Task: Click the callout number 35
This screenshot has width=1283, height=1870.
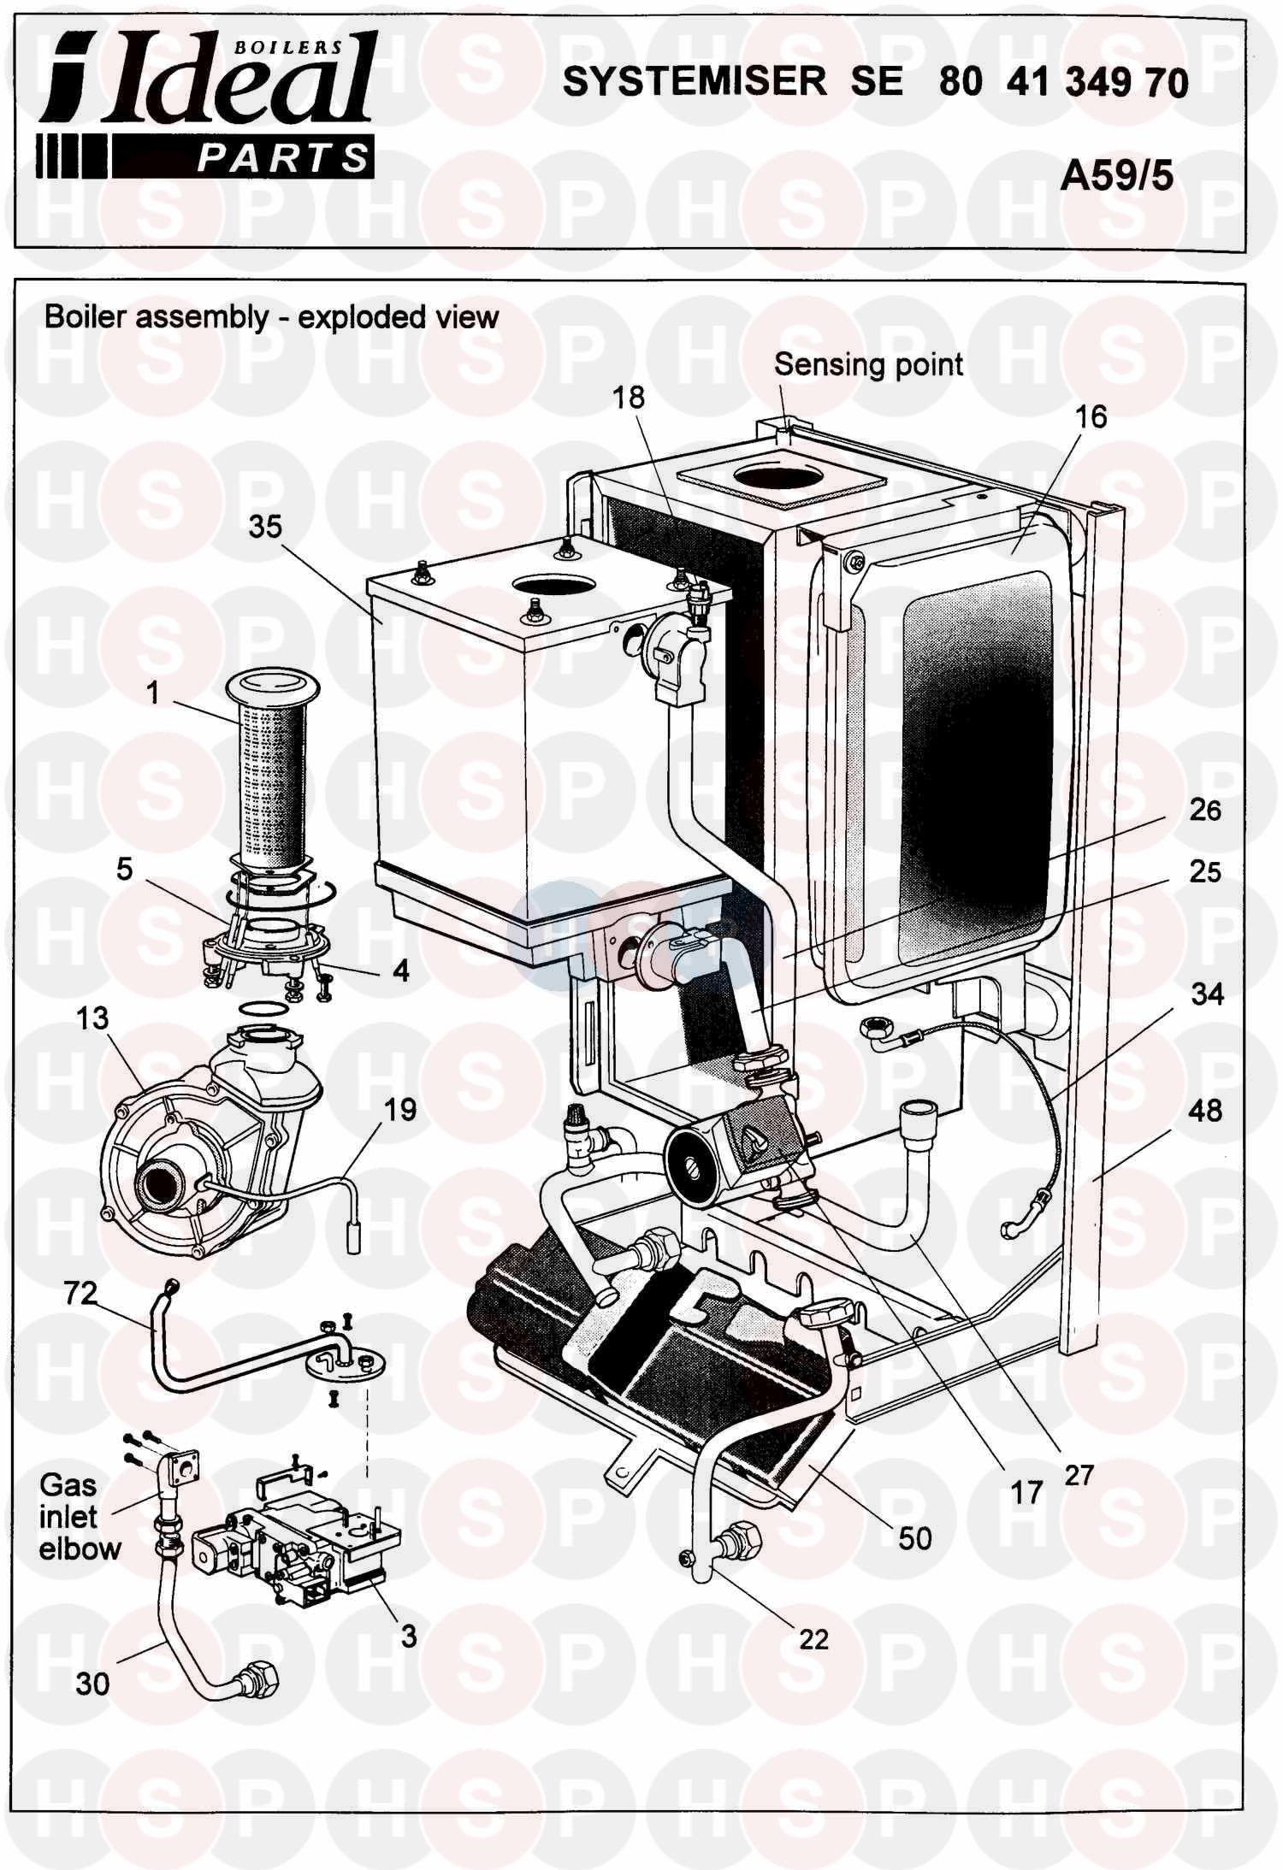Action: [264, 528]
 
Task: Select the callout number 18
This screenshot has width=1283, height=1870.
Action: [629, 398]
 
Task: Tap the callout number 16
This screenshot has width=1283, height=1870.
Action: [1091, 417]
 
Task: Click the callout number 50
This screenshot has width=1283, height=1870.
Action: [914, 1538]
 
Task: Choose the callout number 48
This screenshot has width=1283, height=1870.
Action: [1205, 1112]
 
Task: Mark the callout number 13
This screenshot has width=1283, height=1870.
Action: [92, 1018]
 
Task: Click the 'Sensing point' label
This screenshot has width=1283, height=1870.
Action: [868, 365]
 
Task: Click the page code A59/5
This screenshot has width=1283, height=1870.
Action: [1116, 177]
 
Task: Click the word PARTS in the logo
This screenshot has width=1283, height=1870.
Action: [282, 158]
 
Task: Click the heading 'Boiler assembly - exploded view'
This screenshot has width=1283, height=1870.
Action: [271, 317]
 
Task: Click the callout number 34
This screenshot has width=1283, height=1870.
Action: [1207, 994]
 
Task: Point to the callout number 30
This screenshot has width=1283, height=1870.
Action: [92, 1684]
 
